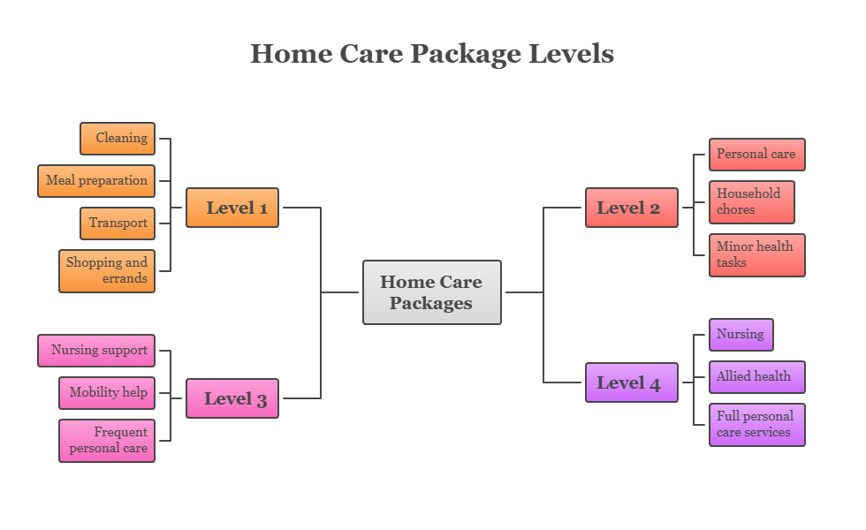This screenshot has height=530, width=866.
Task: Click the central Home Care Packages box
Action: (431, 292)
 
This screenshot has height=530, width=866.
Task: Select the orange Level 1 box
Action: (232, 208)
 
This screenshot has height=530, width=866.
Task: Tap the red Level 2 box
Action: (631, 208)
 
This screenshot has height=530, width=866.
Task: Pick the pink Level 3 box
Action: (232, 398)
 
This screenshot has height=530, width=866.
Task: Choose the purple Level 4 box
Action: (631, 382)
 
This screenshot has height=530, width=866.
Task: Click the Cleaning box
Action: (118, 139)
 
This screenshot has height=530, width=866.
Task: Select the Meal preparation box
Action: (96, 181)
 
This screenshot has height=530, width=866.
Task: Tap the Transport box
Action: (118, 223)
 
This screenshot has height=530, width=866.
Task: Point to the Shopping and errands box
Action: (107, 270)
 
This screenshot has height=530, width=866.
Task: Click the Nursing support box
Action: (96, 351)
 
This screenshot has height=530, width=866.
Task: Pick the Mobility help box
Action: (107, 393)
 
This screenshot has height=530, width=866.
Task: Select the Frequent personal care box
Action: (107, 440)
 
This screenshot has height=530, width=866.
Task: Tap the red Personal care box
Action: (756, 155)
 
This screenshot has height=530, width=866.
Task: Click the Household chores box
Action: (751, 202)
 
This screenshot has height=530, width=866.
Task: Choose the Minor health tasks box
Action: (756, 255)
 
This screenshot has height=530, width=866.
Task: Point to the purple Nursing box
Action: (741, 335)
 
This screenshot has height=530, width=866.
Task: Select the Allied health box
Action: (756, 377)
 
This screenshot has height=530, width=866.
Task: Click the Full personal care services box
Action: (756, 425)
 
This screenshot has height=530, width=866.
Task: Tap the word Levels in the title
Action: (571, 54)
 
